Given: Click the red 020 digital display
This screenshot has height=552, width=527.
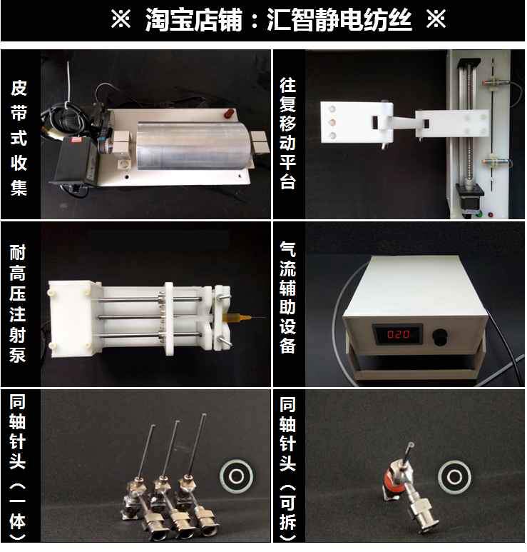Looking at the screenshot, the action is pyautogui.click(x=399, y=333).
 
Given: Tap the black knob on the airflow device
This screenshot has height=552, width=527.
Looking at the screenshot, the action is pyautogui.click(x=440, y=336).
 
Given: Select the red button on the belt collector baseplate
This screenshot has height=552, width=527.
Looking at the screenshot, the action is pyautogui.click(x=228, y=114).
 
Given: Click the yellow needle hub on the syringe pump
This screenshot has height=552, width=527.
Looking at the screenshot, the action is pyautogui.click(x=237, y=318).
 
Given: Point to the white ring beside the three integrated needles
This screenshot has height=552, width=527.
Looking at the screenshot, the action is pyautogui.click(x=236, y=476).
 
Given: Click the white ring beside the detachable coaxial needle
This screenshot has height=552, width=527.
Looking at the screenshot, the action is pyautogui.click(x=454, y=477).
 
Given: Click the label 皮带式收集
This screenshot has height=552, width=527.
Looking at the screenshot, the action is pyautogui.click(x=19, y=138).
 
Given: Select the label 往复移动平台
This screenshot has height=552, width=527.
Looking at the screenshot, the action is pyautogui.click(x=287, y=134).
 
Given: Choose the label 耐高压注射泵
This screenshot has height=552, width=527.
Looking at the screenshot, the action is pyautogui.click(x=18, y=303).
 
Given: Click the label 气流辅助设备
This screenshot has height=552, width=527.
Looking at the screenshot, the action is pyautogui.click(x=287, y=297).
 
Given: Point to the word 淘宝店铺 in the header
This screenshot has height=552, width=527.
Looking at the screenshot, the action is pyautogui.click(x=194, y=20).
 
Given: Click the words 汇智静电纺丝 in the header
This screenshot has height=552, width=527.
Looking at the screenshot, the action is pyautogui.click(x=339, y=20).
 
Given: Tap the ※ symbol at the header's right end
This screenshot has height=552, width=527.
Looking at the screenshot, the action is pyautogui.click(x=436, y=19).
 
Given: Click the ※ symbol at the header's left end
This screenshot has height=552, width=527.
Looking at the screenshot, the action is pyautogui.click(x=121, y=19).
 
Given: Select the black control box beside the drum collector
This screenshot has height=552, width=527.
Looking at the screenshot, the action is pyautogui.click(x=73, y=160).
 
